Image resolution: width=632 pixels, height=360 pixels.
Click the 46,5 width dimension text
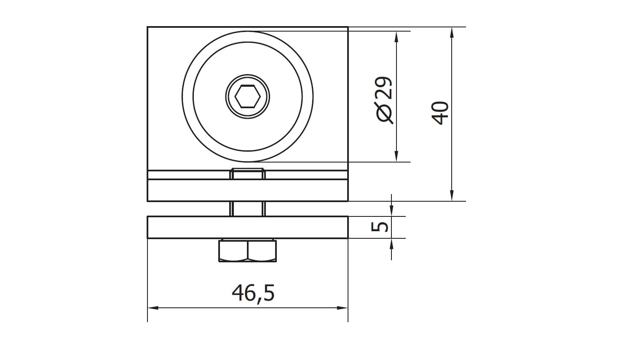(253, 293)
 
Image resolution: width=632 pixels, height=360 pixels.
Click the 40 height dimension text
(440, 113)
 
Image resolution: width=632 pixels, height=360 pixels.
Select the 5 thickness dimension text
(380, 227)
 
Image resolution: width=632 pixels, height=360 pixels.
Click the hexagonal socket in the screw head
(247, 97)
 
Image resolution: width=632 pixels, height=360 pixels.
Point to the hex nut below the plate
(247, 251)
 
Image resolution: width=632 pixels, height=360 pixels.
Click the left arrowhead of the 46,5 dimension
(153, 308)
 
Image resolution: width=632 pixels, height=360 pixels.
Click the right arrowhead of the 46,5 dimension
(343, 308)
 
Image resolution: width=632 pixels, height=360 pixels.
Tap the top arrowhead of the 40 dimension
(452, 33)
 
